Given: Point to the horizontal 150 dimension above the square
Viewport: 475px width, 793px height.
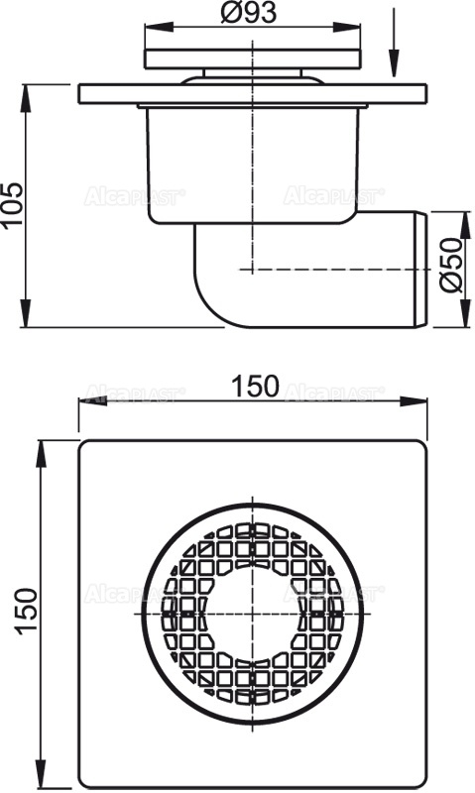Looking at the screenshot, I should click(257, 387).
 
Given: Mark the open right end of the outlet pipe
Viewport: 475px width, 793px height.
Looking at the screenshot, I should click(423, 268).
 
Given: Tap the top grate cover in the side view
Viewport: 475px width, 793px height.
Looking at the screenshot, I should click(256, 57).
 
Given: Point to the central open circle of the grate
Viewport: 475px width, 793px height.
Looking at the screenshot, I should click(254, 613).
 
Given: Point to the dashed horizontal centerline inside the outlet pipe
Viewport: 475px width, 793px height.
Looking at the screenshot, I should click(337, 269).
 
